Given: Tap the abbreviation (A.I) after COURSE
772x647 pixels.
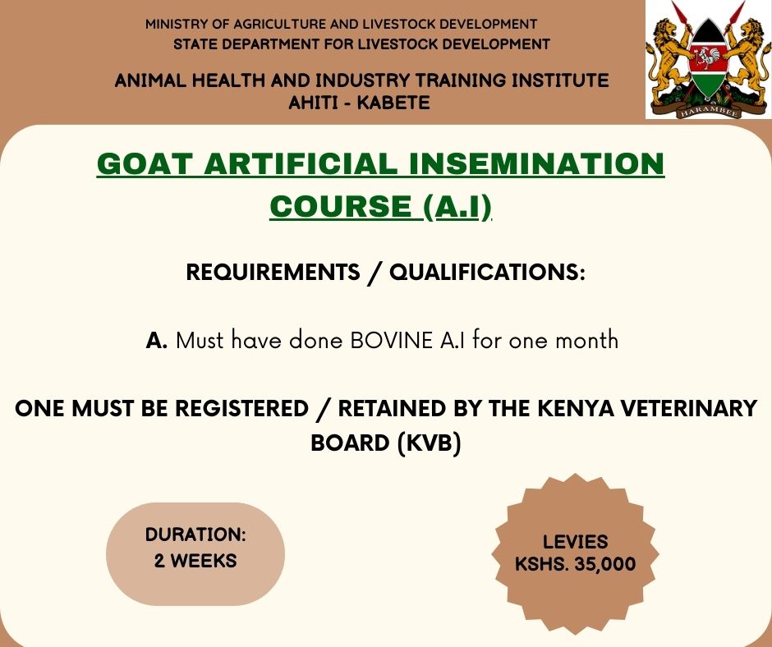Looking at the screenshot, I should click(457, 207).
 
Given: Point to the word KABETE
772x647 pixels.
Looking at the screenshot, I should click(392, 103).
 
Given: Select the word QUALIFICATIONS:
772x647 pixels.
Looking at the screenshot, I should click(487, 273).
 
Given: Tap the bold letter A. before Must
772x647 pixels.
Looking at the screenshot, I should click(156, 340).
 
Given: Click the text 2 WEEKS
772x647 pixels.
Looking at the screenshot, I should click(195, 562).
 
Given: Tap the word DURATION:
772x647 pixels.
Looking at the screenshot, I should click(195, 535).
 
